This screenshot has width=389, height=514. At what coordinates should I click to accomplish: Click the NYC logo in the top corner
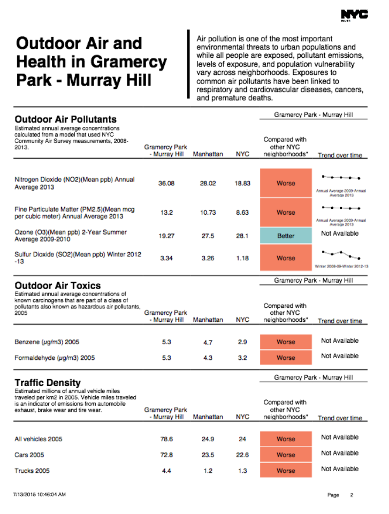coord(354,15)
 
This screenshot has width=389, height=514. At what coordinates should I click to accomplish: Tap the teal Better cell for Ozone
coord(285,236)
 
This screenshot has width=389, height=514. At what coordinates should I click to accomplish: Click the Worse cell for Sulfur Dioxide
coord(285,258)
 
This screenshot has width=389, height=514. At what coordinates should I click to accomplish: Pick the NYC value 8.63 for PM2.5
coord(242,213)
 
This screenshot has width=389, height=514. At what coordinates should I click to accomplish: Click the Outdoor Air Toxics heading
coord(57,285)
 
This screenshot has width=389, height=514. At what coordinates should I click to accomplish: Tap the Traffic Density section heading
coord(48,382)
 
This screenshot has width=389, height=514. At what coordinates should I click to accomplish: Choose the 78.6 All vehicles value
coord(166,439)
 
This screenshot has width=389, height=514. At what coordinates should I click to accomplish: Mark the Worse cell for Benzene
coord(285,342)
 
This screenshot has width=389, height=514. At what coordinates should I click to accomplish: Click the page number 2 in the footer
coord(352,495)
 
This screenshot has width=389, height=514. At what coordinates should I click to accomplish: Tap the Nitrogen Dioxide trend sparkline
coord(340,177)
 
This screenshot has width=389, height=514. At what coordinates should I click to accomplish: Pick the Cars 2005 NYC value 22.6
coord(242,455)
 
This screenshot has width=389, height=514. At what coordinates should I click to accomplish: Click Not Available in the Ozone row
coord(340,233)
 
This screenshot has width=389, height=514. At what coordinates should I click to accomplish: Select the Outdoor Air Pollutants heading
coord(65,119)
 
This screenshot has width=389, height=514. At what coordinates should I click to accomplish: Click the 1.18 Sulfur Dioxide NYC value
coord(242,258)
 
